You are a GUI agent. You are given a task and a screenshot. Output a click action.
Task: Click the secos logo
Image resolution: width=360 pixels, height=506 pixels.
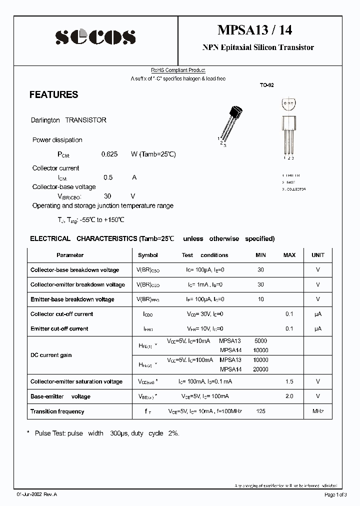[95, 36]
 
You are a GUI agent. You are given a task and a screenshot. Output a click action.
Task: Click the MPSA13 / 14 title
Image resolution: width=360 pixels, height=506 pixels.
[254, 30]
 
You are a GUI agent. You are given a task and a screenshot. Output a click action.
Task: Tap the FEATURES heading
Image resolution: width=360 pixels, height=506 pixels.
[53, 94]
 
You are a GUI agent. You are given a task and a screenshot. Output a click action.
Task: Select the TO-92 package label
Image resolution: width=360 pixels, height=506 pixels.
[266, 85]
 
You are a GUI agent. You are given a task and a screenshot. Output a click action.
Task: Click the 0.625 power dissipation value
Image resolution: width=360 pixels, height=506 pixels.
[109, 154]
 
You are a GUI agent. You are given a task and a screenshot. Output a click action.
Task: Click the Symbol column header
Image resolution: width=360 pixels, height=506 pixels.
[147, 255]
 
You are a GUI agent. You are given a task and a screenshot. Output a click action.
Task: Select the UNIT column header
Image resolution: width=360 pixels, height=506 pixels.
[318, 255]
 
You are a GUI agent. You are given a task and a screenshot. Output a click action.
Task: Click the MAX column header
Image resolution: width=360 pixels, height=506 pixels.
[289, 255]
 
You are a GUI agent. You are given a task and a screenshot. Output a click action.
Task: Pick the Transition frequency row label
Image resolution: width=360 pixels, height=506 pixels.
[57, 411]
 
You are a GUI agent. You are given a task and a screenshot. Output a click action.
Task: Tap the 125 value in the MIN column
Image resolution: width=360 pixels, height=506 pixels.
[260, 411]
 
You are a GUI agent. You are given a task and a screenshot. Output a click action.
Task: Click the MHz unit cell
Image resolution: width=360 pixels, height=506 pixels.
[318, 411]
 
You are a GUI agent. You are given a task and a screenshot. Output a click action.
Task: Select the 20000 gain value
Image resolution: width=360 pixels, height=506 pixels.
[261, 369]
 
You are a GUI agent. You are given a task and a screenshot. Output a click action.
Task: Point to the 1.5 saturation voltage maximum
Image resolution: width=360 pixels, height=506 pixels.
[289, 381]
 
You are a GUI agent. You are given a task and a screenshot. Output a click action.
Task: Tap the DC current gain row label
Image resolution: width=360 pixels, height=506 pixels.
[51, 355]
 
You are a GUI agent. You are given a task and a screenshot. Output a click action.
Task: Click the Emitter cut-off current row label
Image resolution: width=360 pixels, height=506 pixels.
[59, 328]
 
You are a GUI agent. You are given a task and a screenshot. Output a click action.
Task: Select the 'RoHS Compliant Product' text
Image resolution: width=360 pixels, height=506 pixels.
[178, 70]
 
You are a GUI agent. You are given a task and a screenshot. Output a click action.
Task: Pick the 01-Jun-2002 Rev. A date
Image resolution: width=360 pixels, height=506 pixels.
[36, 494]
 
